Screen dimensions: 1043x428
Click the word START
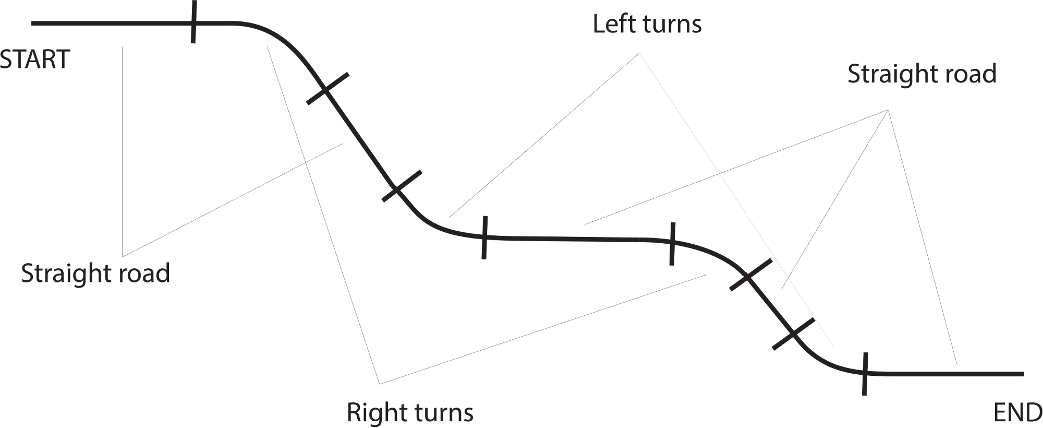tap(34, 60)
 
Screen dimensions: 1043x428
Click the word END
tap(1017, 413)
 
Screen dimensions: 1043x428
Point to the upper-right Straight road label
tap(921, 74)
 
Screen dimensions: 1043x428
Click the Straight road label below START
tap(95, 273)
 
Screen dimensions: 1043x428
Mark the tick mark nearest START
tap(193, 22)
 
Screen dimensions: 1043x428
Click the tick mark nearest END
tap(865, 374)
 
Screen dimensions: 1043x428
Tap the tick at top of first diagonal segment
tap(327, 89)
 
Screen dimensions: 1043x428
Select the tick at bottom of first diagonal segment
tap(401, 186)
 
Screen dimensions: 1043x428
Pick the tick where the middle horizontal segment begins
tap(484, 237)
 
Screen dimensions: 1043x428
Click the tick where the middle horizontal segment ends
tap(672, 243)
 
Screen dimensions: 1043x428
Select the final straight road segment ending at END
tap(944, 374)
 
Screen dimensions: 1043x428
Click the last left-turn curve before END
tap(824, 361)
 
